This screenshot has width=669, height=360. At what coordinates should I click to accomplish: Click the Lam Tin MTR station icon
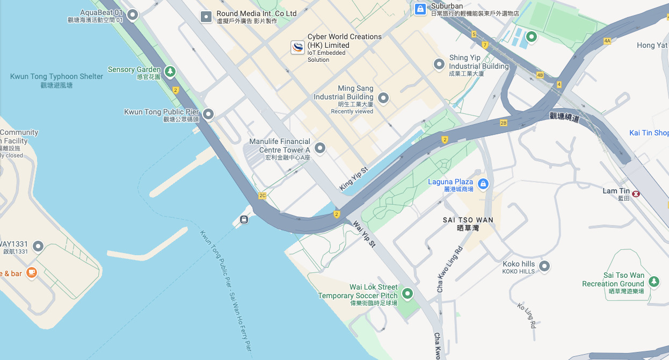[x=636, y=193]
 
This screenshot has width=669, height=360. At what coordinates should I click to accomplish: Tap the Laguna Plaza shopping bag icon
[x=483, y=184]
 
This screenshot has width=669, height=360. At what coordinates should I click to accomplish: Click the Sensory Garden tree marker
[x=170, y=71]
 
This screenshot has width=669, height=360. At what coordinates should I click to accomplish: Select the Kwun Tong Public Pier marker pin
[x=208, y=114]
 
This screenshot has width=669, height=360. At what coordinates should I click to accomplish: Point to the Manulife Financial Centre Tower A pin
[x=320, y=148]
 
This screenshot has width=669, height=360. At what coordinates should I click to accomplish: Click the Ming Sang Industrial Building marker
[x=383, y=98]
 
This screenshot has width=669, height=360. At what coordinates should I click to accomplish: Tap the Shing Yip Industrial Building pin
[x=439, y=64]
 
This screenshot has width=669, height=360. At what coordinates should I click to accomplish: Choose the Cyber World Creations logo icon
[x=297, y=47]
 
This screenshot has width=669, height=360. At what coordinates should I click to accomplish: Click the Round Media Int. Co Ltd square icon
[x=206, y=17]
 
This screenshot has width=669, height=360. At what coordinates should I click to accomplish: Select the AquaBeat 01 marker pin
[x=132, y=15]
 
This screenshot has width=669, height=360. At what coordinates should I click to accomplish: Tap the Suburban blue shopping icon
[x=420, y=9]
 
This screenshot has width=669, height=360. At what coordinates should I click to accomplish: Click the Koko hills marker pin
[x=544, y=266]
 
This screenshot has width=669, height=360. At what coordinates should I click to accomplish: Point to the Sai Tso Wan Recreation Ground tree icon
[x=653, y=281]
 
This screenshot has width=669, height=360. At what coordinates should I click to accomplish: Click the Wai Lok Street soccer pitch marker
[x=407, y=293]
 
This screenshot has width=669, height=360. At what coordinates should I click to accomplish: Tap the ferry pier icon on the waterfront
[x=244, y=219]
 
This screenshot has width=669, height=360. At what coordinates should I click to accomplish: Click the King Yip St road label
[x=354, y=178]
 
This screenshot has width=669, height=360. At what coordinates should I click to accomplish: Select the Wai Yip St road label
[x=363, y=234]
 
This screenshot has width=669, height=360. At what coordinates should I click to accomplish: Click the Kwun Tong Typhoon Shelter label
[x=56, y=77]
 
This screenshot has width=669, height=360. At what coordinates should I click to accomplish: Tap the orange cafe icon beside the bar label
[x=32, y=272]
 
